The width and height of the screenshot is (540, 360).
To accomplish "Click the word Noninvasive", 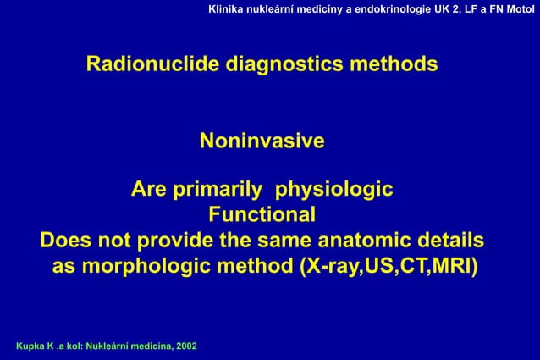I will pyautogui.click(x=262, y=141).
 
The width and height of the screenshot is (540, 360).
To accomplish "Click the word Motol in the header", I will pyautogui.click(x=520, y=8).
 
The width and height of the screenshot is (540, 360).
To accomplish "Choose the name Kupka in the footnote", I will pyautogui.click(x=20, y=347).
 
